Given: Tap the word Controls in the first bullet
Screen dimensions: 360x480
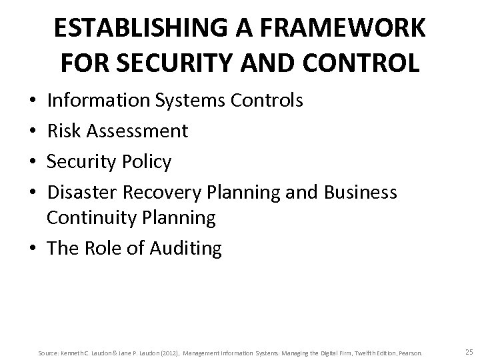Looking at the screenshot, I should click(x=265, y=101).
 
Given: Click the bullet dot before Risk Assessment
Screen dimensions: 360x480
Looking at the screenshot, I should click(x=33, y=131).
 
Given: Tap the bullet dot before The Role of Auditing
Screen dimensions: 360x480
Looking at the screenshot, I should click(x=33, y=249).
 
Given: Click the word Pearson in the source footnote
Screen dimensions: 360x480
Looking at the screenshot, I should click(x=408, y=343).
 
